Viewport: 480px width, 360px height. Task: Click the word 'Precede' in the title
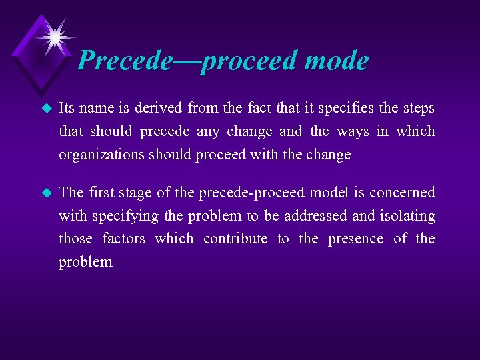click(124, 61)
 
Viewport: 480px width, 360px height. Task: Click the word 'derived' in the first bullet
click(161, 108)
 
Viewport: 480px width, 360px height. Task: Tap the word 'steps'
click(419, 108)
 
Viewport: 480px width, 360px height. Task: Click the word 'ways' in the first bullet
click(353, 131)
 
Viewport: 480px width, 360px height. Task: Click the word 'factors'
click(123, 239)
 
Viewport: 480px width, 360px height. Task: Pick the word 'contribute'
click(235, 239)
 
